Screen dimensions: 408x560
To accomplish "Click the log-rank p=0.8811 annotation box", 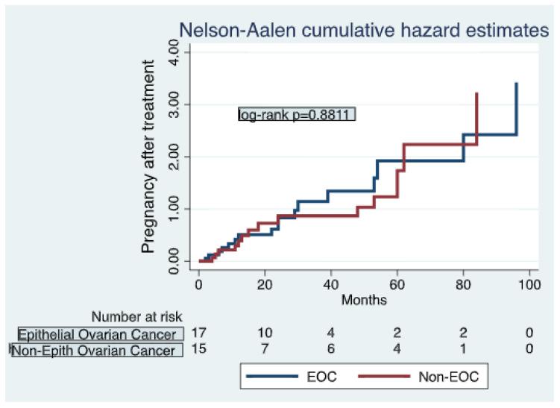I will (296, 114).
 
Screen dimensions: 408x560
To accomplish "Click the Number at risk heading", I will (137, 318).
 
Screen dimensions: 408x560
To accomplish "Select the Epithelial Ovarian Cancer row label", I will (99, 333).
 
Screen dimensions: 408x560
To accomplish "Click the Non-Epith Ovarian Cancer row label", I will (99, 350).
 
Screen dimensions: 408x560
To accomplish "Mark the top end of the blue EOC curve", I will (516, 84).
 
